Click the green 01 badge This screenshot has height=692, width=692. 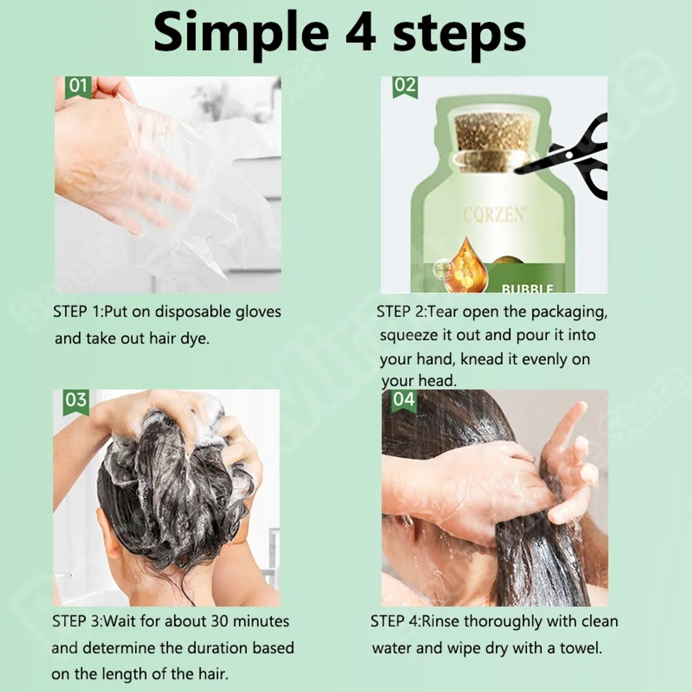(78, 86)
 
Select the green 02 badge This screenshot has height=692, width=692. (405, 85)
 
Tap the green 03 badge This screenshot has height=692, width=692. (76, 400)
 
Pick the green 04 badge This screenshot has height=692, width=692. (404, 399)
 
